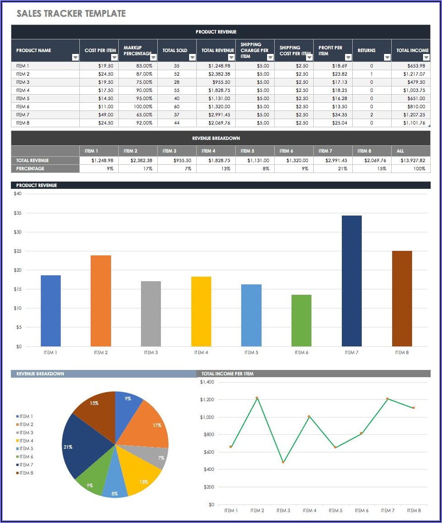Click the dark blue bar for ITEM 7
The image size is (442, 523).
351,281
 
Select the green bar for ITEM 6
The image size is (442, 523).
301,321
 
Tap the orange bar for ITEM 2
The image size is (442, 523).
101,301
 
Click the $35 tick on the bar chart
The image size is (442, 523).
17,213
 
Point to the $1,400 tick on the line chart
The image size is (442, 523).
207,382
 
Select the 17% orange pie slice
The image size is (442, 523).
147,423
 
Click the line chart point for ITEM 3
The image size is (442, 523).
283,462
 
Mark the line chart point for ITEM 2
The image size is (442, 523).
257,398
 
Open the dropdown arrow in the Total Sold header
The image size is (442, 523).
192,58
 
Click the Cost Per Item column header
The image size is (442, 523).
100,50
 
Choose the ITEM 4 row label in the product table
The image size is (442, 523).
23,90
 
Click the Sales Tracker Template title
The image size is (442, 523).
71,14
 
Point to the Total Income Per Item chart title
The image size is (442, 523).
228,374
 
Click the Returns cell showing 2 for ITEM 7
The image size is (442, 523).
371,115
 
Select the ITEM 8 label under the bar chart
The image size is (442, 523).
402,352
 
